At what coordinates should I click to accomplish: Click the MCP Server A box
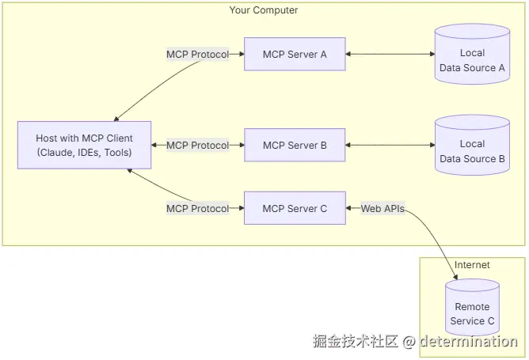coord(295,54)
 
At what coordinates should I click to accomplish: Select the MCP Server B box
coord(295,145)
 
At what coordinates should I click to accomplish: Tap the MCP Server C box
coord(295,208)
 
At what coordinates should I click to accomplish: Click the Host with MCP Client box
coord(85,145)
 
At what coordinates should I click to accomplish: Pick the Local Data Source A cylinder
coord(472,54)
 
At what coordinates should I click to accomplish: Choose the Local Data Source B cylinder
coord(472,145)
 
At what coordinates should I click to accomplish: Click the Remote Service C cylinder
coord(472,308)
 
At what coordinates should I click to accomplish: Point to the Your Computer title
coord(264,10)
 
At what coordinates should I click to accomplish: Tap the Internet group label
coord(472,265)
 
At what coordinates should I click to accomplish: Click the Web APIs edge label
coord(382,209)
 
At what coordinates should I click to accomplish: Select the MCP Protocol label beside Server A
coord(198,55)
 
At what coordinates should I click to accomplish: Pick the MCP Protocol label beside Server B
coord(198,146)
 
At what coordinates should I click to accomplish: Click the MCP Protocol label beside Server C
coord(198,209)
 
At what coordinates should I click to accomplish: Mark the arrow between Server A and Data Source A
coord(390,54)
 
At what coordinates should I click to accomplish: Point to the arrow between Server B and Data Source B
coord(390,145)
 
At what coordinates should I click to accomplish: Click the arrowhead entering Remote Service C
coord(455,277)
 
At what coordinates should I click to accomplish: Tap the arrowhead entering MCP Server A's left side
coord(242,54)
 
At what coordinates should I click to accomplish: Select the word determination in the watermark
coord(469,341)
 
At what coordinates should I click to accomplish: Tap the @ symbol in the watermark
coord(409,342)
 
